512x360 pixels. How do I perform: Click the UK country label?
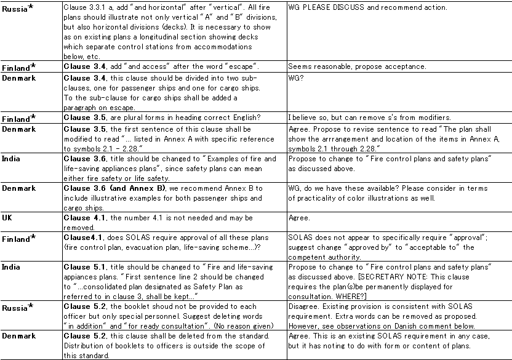click(x=7, y=218)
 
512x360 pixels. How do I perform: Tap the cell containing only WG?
click(x=297, y=79)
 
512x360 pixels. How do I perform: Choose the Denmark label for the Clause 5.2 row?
click(x=18, y=336)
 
